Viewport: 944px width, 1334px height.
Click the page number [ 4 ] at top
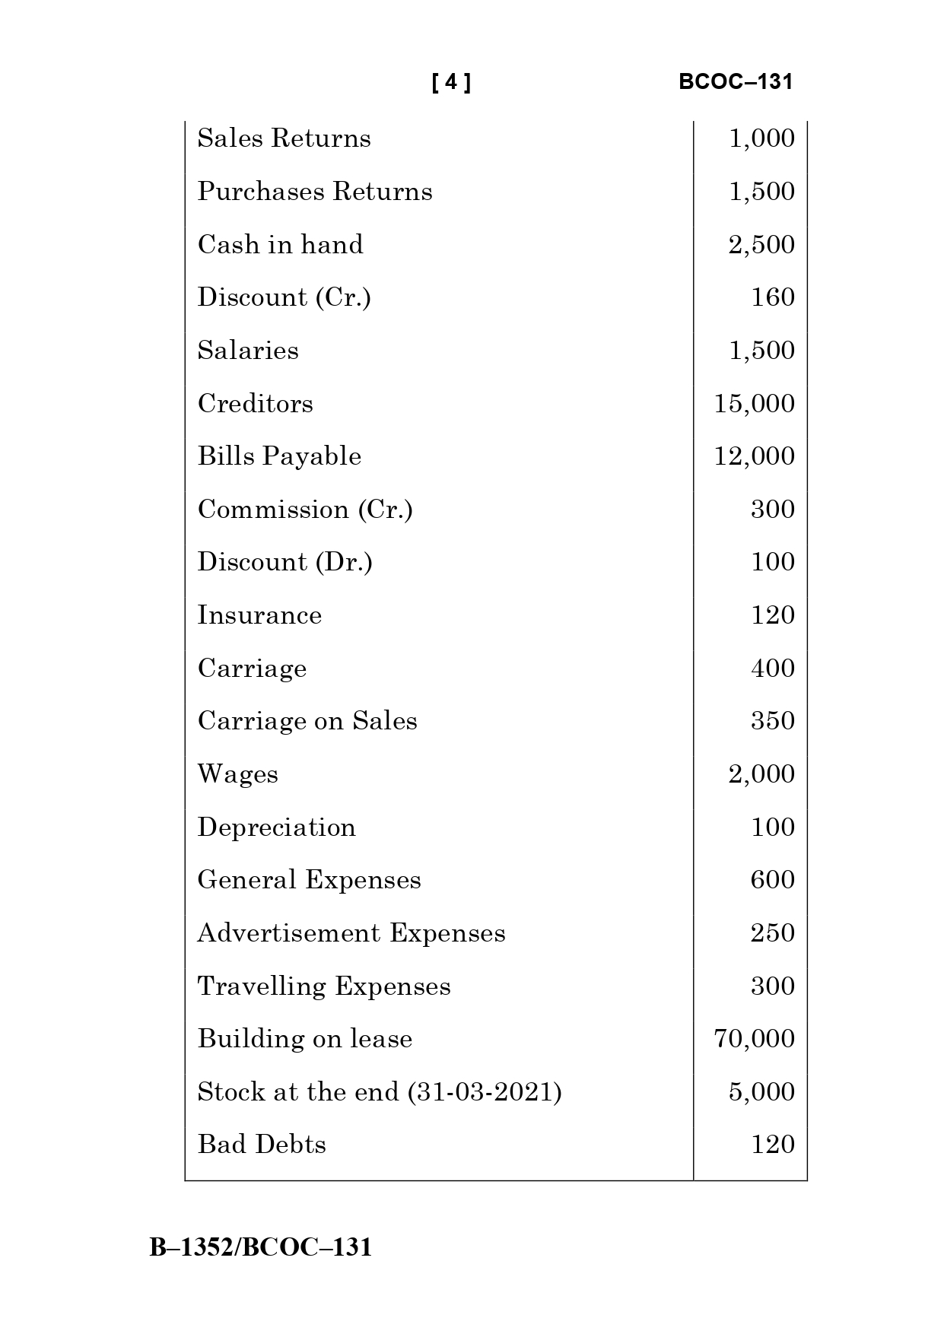point(451,82)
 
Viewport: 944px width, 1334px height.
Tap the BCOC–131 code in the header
point(736,82)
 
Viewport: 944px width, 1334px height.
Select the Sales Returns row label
point(284,138)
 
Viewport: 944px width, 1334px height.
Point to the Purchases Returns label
point(315,192)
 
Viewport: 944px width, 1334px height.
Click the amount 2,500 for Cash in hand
point(761,245)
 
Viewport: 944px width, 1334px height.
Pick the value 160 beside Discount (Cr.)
point(773,297)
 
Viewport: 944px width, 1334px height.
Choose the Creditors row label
point(256,404)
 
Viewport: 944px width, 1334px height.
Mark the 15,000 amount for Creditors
point(755,404)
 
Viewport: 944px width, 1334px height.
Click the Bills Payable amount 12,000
point(755,456)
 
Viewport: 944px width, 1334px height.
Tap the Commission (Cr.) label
point(305,510)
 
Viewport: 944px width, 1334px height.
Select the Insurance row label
point(259,615)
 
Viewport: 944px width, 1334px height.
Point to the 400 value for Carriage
point(773,669)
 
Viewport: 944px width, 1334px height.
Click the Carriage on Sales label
point(307,721)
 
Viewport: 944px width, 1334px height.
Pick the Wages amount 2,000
point(761,774)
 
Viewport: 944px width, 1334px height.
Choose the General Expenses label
point(309,880)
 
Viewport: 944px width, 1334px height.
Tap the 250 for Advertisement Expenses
point(773,933)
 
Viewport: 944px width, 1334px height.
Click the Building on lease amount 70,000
point(755,1039)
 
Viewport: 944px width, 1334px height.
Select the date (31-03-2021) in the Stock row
point(485,1092)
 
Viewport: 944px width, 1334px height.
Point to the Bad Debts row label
point(262,1145)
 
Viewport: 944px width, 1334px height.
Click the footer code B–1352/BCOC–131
point(261,1248)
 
